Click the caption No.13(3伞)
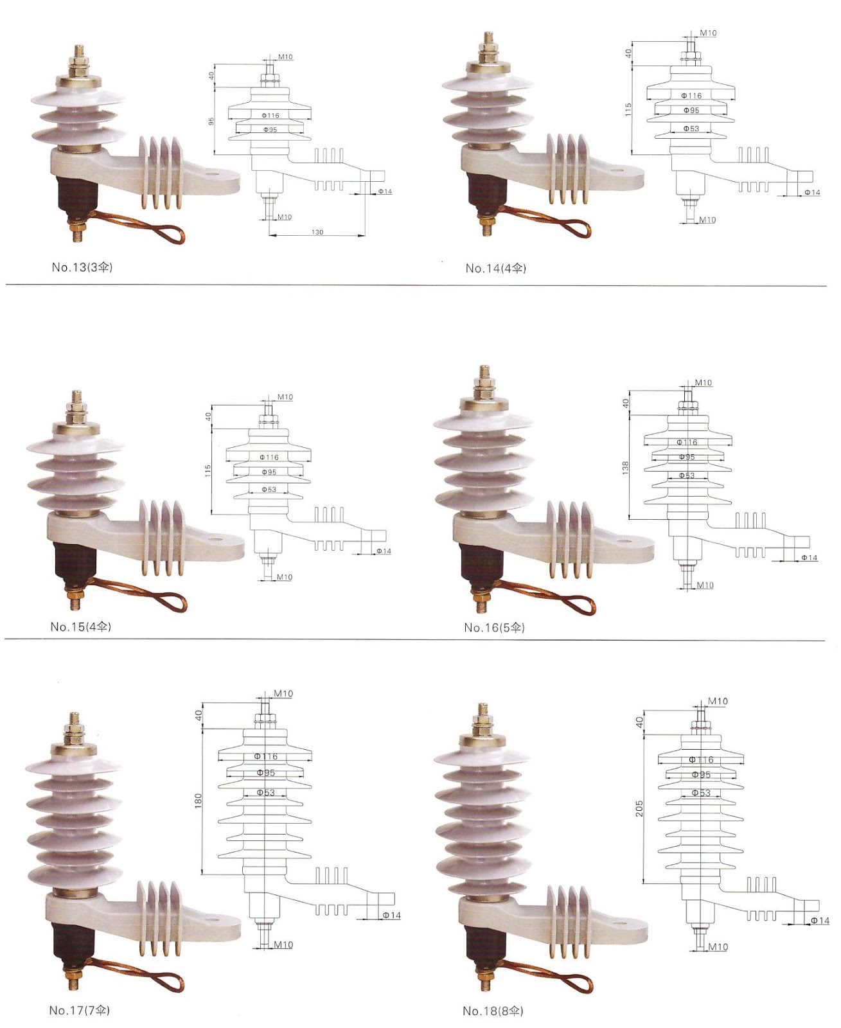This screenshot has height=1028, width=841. pos(82,267)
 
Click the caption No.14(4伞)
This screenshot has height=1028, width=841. pos(495,268)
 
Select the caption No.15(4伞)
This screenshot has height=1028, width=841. pos(81,626)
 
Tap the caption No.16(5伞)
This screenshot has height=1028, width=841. pos(494,627)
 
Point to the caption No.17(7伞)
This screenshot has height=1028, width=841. pos(80,1010)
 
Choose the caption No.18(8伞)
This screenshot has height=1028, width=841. pos(493,1011)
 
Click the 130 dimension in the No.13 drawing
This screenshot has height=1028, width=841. pos(317,232)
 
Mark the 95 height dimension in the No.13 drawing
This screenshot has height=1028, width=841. pos(211,121)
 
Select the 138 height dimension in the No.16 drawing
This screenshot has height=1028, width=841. pos(625,468)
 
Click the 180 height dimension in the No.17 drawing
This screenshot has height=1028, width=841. pos(199,800)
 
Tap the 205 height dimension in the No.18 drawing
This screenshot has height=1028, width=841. pos(639,808)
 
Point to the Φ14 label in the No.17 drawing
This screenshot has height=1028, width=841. pos(391,915)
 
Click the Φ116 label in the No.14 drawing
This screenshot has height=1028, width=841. pos(691,96)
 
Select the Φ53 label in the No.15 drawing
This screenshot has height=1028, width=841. pos(269,490)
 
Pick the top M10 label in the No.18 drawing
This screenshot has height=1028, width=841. pos(718,701)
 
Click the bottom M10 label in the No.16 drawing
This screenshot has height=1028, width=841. pos(705,585)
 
